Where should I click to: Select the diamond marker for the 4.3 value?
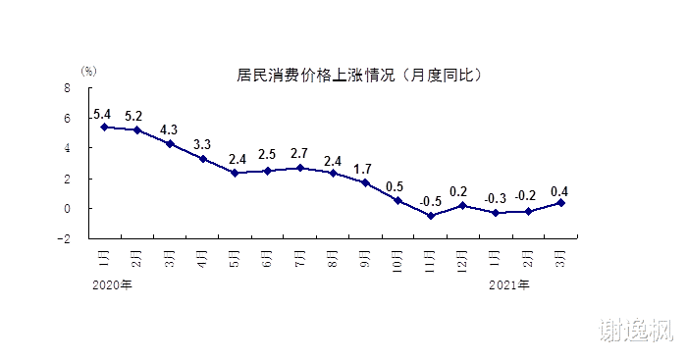pyautogui.click(x=170, y=144)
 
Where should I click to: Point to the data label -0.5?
pyautogui.click(x=430, y=201)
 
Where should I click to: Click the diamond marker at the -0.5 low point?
pyautogui.click(x=430, y=216)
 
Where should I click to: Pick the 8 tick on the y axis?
pyautogui.click(x=68, y=87)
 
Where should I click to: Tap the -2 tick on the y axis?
pyautogui.click(x=65, y=238)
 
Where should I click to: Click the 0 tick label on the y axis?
pyautogui.click(x=68, y=209)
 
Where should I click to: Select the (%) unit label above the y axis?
pyautogui.click(x=88, y=72)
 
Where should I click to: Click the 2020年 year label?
pyautogui.click(x=112, y=285)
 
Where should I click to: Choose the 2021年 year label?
pyautogui.click(x=509, y=285)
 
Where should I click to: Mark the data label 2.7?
pyautogui.click(x=299, y=153)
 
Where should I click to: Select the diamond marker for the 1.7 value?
pyautogui.click(x=365, y=182)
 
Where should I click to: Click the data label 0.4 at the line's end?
pyautogui.click(x=560, y=190)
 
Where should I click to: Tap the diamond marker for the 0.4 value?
pyautogui.click(x=560, y=203)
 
